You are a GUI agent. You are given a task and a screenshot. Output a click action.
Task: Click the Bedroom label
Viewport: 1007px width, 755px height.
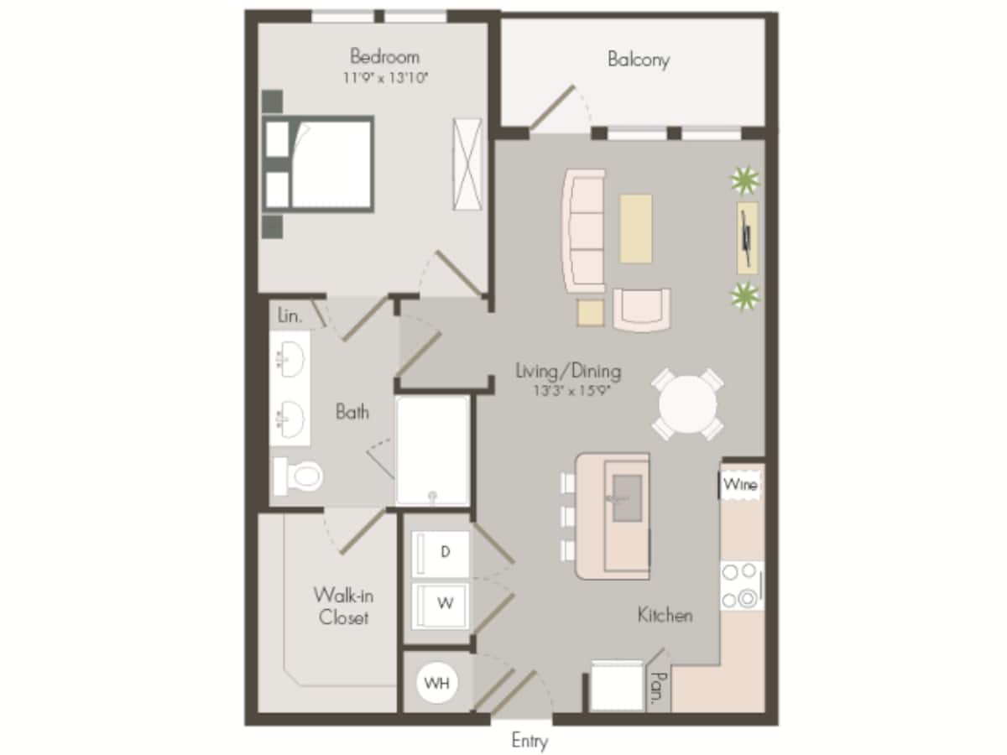click(384, 57)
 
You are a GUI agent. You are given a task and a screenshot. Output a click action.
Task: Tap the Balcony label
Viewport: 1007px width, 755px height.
click(639, 60)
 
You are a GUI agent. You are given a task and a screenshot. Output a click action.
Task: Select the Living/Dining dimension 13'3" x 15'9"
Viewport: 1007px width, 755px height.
click(568, 391)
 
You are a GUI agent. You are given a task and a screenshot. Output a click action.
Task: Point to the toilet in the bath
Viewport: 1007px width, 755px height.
click(298, 476)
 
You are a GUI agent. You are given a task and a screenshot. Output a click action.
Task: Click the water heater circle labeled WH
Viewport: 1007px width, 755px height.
click(436, 683)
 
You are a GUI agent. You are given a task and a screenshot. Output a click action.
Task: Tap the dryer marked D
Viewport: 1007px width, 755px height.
click(444, 553)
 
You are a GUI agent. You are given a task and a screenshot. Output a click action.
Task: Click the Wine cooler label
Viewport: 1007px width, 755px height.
click(740, 485)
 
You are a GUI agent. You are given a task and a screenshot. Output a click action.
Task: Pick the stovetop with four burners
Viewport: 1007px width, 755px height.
click(741, 585)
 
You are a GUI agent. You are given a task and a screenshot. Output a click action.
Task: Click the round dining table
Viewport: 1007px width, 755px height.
click(688, 404)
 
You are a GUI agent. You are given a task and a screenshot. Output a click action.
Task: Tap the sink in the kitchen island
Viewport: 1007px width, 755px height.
click(627, 497)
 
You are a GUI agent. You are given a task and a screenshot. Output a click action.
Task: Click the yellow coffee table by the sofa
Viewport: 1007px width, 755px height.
click(636, 228)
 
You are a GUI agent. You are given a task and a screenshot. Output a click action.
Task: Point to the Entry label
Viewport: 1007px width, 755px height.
click(530, 741)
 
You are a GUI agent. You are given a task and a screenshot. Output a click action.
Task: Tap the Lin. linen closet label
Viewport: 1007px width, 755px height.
click(290, 316)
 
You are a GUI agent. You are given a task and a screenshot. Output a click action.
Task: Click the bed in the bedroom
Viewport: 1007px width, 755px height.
click(323, 164)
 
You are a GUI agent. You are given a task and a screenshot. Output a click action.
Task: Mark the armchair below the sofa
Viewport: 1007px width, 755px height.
click(641, 310)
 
